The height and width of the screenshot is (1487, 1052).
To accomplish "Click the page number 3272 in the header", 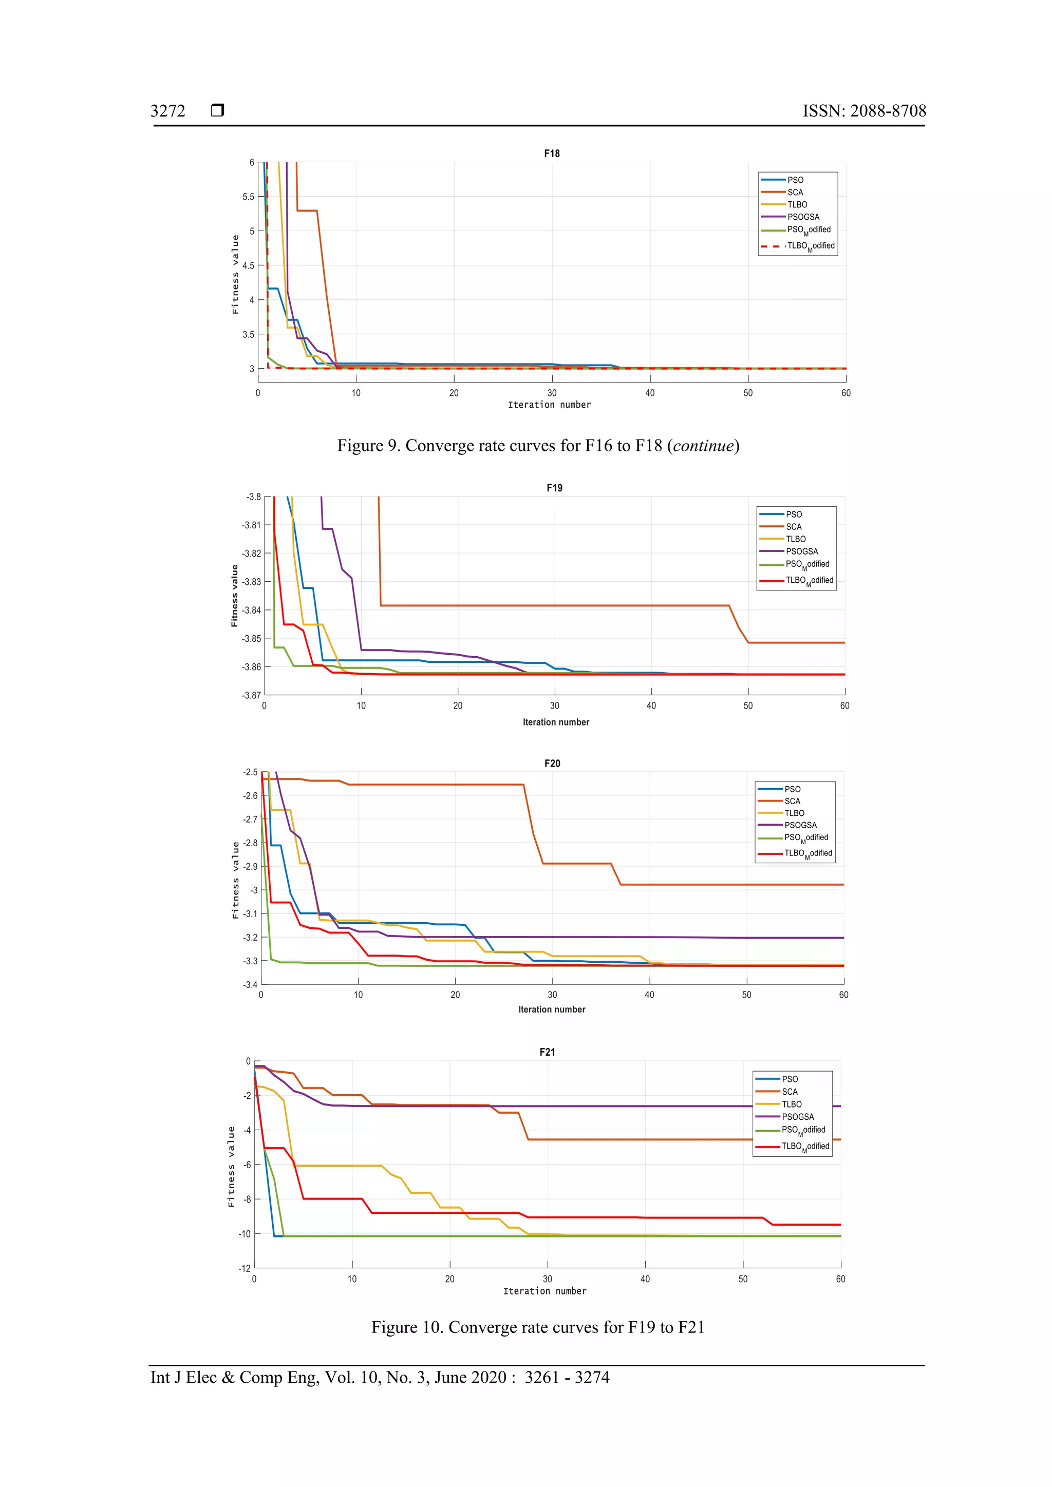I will pyautogui.click(x=168, y=111).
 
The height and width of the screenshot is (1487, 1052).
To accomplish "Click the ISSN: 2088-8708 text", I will pyautogui.click(x=864, y=111).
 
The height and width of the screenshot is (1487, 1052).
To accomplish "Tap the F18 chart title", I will pyautogui.click(x=551, y=154).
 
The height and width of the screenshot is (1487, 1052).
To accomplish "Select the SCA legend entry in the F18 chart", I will pyautogui.click(x=795, y=193).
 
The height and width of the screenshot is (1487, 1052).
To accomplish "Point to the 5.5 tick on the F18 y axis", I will pyautogui.click(x=248, y=197).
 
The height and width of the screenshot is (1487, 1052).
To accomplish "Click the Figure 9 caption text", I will pyautogui.click(x=538, y=446).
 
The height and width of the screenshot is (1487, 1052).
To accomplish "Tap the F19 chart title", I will pyautogui.click(x=554, y=488).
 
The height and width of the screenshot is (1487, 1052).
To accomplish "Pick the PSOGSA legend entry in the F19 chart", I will pyautogui.click(x=801, y=551).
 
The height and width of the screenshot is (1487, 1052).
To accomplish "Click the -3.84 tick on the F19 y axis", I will pyautogui.click(x=251, y=610).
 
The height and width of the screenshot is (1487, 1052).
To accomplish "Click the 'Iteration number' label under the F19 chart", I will pyautogui.click(x=556, y=722).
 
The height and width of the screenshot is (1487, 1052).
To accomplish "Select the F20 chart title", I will pyautogui.click(x=552, y=764).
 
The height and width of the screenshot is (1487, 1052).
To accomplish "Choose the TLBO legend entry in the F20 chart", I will pyautogui.click(x=794, y=813).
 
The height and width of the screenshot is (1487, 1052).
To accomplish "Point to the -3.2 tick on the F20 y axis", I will pyautogui.click(x=250, y=937).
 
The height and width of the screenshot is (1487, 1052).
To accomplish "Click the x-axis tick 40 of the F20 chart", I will pyautogui.click(x=649, y=995).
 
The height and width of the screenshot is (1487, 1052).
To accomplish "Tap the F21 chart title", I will pyautogui.click(x=547, y=1053).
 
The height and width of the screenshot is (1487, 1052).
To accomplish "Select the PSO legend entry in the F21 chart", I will pyautogui.click(x=790, y=1079).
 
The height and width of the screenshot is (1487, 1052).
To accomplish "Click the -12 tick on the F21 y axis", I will pyautogui.click(x=244, y=1268).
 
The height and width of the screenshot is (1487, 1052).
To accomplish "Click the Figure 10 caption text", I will pyautogui.click(x=538, y=1328).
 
